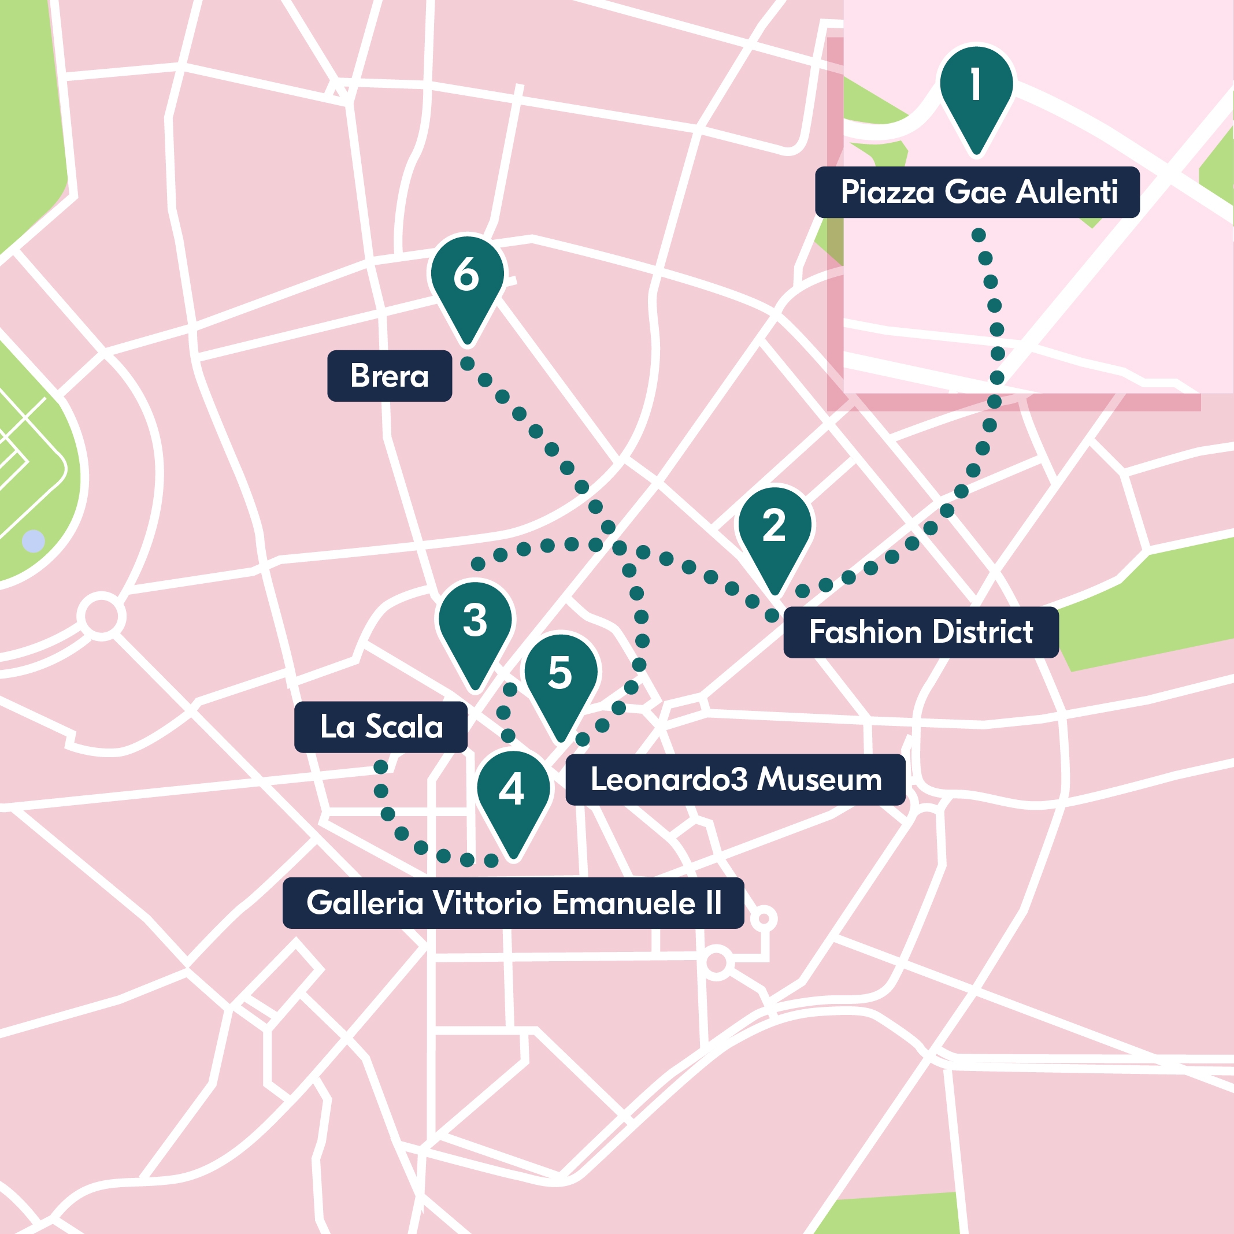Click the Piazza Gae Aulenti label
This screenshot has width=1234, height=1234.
click(977, 192)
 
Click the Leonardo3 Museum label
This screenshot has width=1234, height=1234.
click(735, 779)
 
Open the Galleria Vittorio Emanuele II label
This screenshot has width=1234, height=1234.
click(513, 902)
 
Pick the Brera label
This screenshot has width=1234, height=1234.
click(389, 376)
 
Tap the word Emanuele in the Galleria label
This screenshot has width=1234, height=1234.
click(622, 902)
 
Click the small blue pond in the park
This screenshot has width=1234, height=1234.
click(33, 541)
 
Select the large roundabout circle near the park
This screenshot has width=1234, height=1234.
click(102, 616)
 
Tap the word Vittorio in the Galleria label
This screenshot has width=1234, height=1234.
click(491, 902)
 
